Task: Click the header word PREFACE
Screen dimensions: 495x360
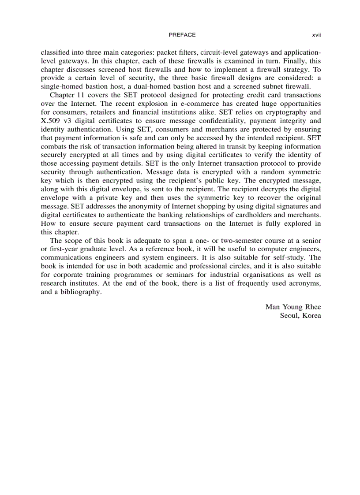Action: [182, 35]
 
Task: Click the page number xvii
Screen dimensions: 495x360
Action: [316, 35]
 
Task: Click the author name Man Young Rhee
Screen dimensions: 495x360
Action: [293, 307]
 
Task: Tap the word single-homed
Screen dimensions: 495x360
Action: [60, 86]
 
